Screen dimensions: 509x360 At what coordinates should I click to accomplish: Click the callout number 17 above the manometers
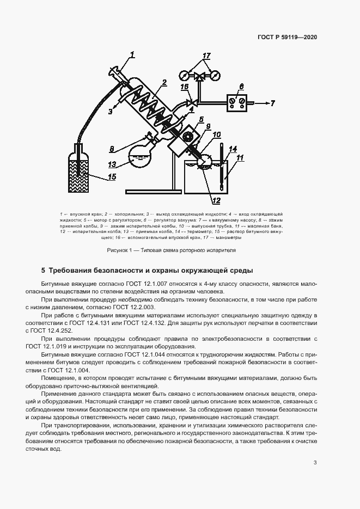point(206,56)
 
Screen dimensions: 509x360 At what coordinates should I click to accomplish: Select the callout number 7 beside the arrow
point(273,102)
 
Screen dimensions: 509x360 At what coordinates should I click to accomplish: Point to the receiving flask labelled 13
point(141,157)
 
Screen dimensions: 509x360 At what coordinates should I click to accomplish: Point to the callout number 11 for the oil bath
point(240,158)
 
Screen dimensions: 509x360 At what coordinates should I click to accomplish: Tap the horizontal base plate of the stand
point(153,191)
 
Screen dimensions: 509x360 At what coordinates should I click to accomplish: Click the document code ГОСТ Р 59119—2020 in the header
point(287,38)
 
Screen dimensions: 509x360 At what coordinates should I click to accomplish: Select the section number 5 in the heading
point(44,270)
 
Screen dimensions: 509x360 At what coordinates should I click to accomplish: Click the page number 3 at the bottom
point(315,463)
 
